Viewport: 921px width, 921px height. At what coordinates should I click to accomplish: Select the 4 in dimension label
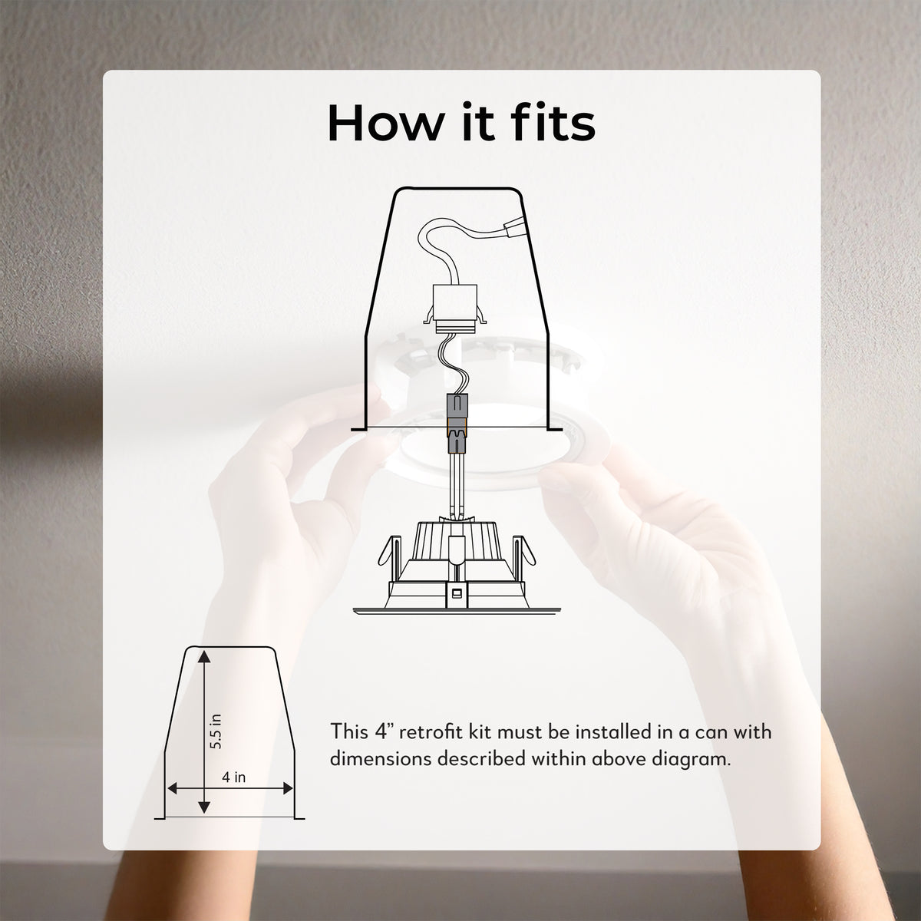(x=234, y=777)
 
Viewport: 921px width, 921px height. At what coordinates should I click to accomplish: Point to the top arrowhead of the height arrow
(x=204, y=656)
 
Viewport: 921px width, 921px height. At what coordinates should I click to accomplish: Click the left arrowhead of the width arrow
(x=172, y=789)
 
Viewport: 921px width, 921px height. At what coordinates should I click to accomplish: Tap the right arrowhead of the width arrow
(x=288, y=789)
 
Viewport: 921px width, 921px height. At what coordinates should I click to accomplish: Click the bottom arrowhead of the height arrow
(x=204, y=807)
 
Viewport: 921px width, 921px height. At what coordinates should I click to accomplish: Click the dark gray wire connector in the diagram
(x=457, y=424)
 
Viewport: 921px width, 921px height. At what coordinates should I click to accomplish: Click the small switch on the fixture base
(x=457, y=593)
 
